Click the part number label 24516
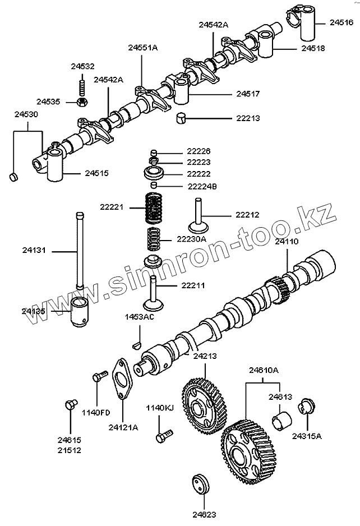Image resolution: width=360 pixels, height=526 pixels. coord(341,22)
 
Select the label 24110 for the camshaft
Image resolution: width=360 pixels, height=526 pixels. coord(287,242)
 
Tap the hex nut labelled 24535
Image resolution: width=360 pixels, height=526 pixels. coord(81,101)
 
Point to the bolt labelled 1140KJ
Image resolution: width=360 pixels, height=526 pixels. coord(166,435)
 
